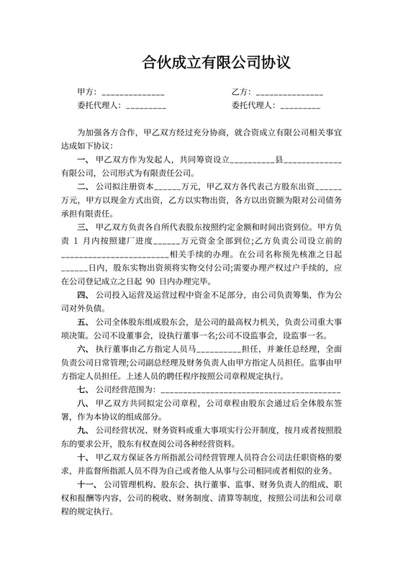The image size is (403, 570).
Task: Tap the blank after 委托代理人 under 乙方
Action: (300, 107)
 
